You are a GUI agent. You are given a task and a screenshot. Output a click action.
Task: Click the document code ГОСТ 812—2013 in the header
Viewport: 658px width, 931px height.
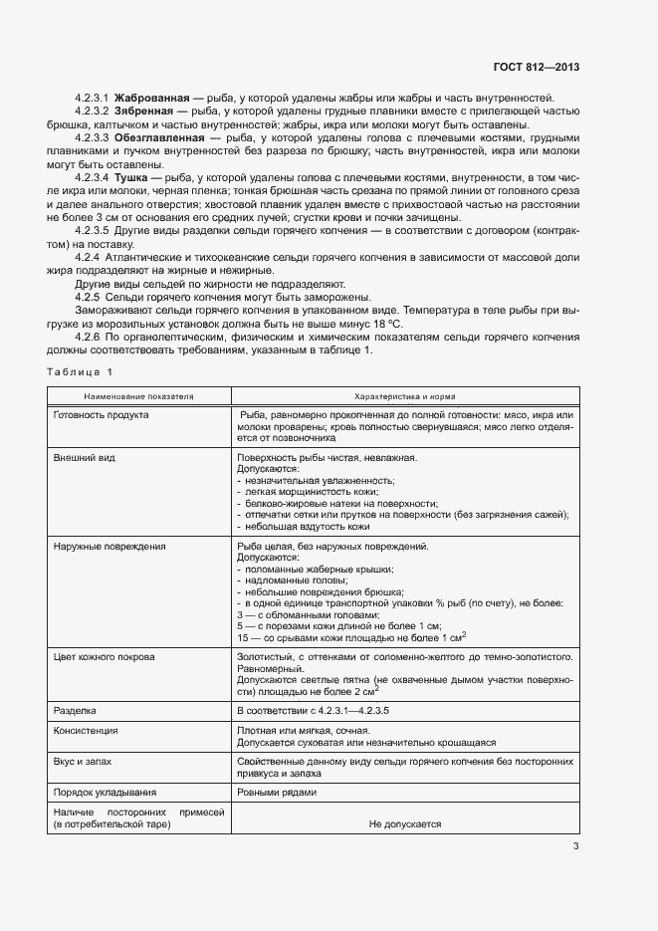[537, 67]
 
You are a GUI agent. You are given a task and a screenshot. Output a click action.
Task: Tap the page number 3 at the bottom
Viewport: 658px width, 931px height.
[575, 846]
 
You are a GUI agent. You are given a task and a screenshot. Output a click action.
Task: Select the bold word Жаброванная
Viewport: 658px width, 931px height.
[152, 98]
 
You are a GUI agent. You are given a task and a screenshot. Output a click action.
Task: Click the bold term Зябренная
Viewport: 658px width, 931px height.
[146, 112]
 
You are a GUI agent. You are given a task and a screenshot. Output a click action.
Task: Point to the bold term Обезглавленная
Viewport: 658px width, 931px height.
[159, 137]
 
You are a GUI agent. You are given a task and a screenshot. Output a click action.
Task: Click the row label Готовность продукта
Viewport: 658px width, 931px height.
[101, 414]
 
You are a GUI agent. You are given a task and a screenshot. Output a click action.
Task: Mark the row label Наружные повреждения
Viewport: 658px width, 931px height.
[110, 547]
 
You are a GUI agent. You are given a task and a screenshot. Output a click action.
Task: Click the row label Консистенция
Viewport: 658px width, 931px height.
[89, 731]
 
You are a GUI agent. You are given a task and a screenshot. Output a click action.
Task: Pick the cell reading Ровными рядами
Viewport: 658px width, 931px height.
[277, 793]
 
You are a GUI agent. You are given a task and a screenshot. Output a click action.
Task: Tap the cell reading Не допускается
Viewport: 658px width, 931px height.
[404, 824]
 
